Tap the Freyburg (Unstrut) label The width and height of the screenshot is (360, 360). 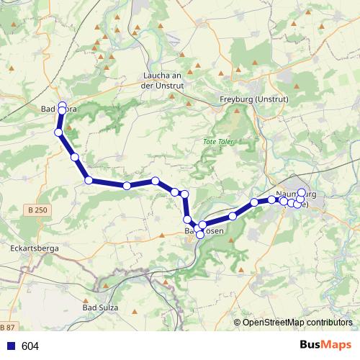tap(254, 99)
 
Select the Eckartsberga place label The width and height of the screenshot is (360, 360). tap(34, 247)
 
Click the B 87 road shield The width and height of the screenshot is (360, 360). tap(6, 326)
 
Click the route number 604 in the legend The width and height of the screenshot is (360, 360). tap(30, 346)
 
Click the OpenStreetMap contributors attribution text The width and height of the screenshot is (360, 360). tap(297, 323)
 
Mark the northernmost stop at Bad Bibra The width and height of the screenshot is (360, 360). tap(63, 104)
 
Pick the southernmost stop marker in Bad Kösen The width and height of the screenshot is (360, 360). tap(200, 235)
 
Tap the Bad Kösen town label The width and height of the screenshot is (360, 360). tap(205, 231)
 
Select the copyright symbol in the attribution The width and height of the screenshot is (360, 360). tap(238, 323)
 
